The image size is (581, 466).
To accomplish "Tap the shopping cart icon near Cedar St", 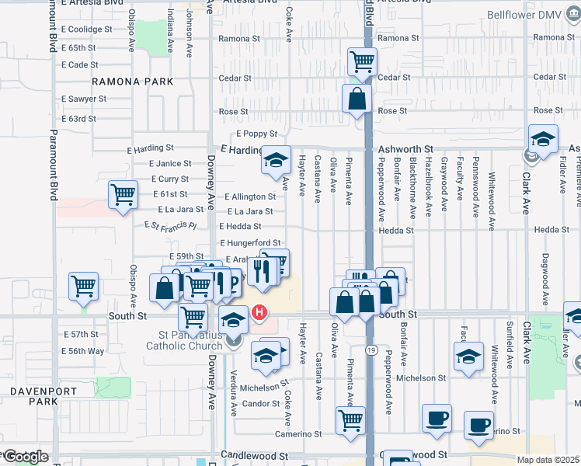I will point(361,61).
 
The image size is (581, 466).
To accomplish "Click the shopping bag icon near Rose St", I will point(357,99).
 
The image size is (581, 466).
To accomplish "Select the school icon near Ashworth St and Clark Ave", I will point(543,139).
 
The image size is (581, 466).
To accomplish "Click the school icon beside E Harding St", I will point(275,160).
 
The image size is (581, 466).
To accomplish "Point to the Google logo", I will point(25,456).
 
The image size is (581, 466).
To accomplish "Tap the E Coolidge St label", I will point(87,30).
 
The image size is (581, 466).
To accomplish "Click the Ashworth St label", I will point(405,149).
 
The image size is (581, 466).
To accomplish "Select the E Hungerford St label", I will point(249,243).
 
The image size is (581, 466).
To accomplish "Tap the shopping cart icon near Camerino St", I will point(350,420).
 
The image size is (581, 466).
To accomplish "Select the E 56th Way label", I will point(83,351).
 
